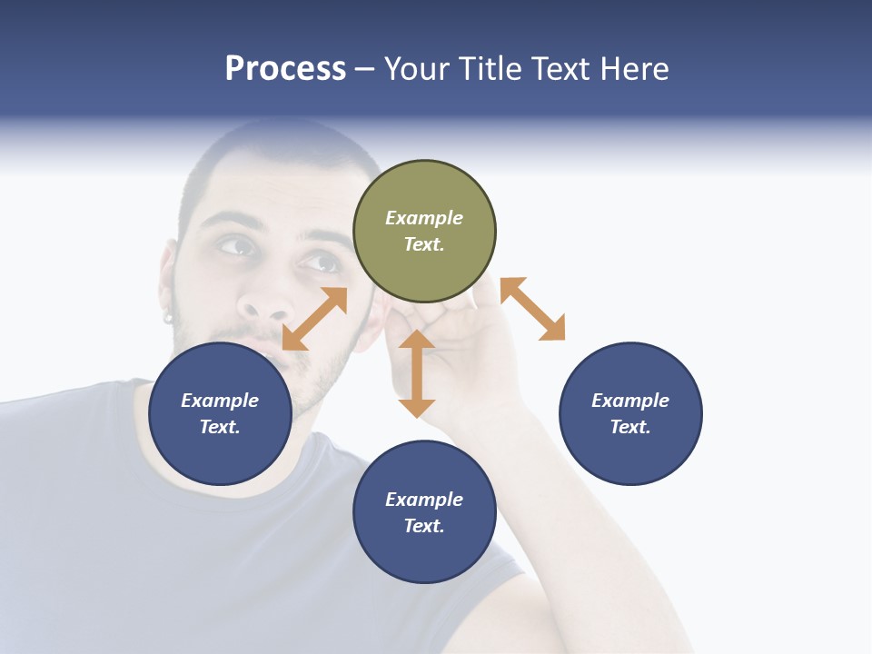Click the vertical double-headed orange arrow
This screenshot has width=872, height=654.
tap(417, 373)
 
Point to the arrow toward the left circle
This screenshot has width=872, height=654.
tap(314, 319)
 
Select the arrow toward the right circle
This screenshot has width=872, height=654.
tap(532, 309)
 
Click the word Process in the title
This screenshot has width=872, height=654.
tap(285, 68)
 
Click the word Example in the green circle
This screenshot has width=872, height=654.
tap(424, 218)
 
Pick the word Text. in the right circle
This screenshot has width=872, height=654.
tap(630, 427)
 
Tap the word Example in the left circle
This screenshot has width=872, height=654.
tap(220, 401)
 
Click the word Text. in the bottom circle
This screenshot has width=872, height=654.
tap(424, 526)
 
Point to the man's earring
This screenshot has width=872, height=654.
tap(168, 317)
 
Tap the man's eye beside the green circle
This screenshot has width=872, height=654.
tap(321, 263)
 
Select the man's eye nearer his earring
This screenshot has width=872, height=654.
tap(235, 245)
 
